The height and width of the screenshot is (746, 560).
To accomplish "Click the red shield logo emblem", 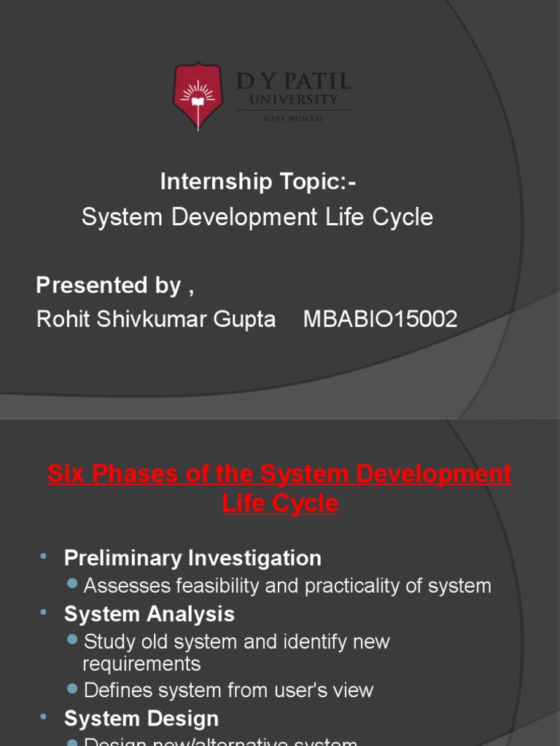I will [x=198, y=95].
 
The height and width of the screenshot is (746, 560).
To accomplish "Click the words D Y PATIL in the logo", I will [x=294, y=81].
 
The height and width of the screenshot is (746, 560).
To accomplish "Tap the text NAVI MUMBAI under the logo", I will [x=294, y=119].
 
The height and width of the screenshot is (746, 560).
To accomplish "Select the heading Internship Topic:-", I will [x=258, y=182].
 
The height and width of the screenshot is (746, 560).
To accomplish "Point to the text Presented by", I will [x=109, y=286].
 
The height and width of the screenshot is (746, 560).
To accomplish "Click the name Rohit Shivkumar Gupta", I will [x=156, y=319].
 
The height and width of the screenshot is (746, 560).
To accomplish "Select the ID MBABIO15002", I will [x=380, y=319].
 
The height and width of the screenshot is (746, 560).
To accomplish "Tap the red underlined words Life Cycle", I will [x=280, y=503].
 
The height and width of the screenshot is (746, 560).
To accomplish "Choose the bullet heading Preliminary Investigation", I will [x=192, y=559].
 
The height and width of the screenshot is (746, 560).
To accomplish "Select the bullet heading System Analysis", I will [x=149, y=614].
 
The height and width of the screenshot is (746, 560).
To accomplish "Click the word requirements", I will [x=141, y=664].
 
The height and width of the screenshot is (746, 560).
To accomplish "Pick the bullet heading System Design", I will [x=141, y=719].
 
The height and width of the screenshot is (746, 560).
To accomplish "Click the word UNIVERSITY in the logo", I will [x=294, y=100].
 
